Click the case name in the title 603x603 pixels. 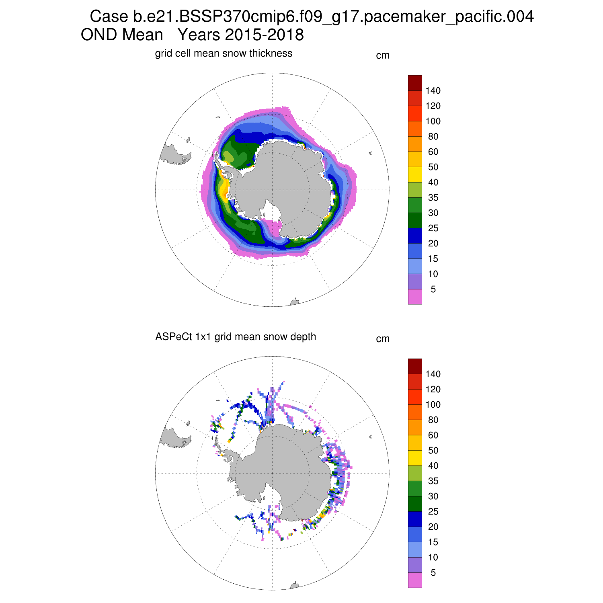pyautogui.click(x=312, y=17)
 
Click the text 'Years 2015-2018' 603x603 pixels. pyautogui.click(x=240, y=35)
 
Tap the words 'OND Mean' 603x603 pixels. pyautogui.click(x=122, y=35)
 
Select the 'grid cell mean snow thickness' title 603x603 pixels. pyautogui.click(x=224, y=53)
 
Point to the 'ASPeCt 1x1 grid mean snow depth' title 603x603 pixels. pyautogui.click(x=236, y=337)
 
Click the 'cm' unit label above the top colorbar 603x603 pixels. pyautogui.click(x=383, y=55)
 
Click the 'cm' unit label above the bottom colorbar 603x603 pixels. pyautogui.click(x=383, y=339)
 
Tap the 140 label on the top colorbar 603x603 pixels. pyautogui.click(x=433, y=91)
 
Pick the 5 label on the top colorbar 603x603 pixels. pyautogui.click(x=433, y=289)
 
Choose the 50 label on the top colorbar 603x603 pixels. pyautogui.click(x=433, y=167)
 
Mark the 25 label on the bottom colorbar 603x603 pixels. pyautogui.click(x=433, y=512)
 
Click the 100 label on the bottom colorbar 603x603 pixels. pyautogui.click(x=433, y=405)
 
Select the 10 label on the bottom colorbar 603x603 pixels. pyautogui.click(x=433, y=558)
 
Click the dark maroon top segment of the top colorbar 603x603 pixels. pyautogui.click(x=415, y=83)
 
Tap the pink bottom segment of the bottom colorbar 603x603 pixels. pyautogui.click(x=415, y=580)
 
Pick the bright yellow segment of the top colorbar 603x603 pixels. pyautogui.click(x=415, y=174)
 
